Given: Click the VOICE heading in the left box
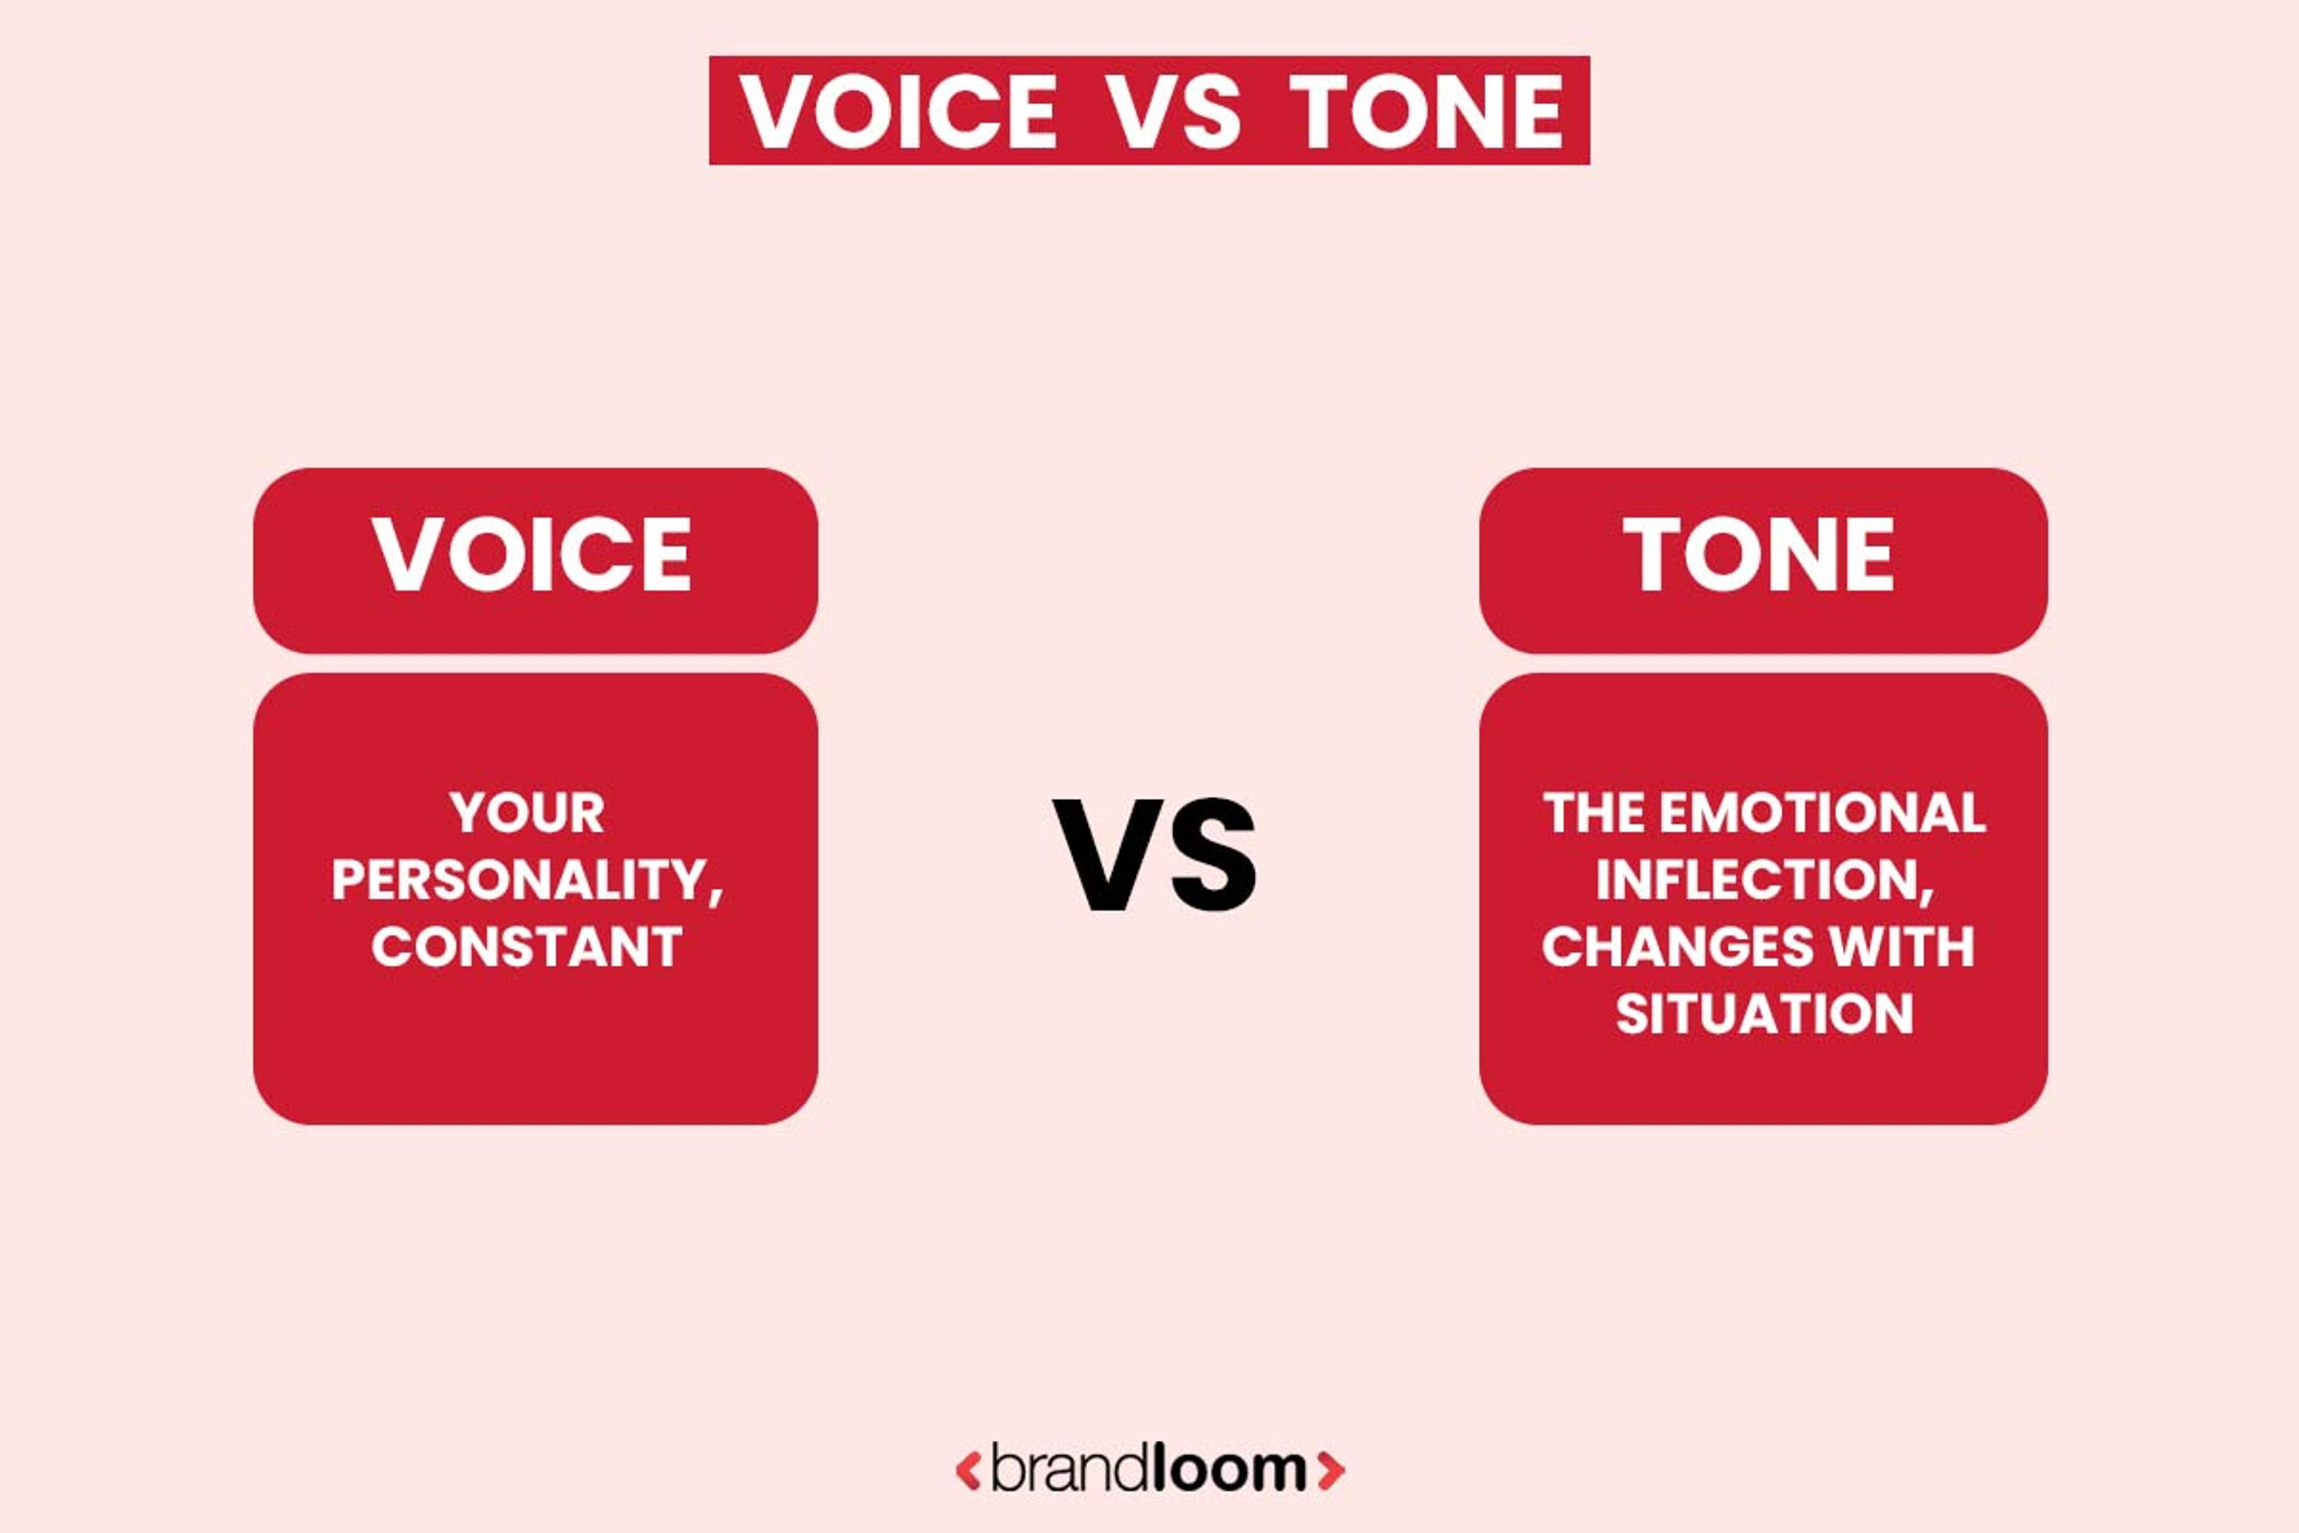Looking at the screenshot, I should (533, 555).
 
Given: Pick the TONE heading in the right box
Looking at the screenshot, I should (1760, 555).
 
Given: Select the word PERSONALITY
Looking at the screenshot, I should (517, 880).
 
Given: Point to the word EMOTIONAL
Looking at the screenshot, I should (1822, 813).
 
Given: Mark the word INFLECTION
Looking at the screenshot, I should (1758, 880).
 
